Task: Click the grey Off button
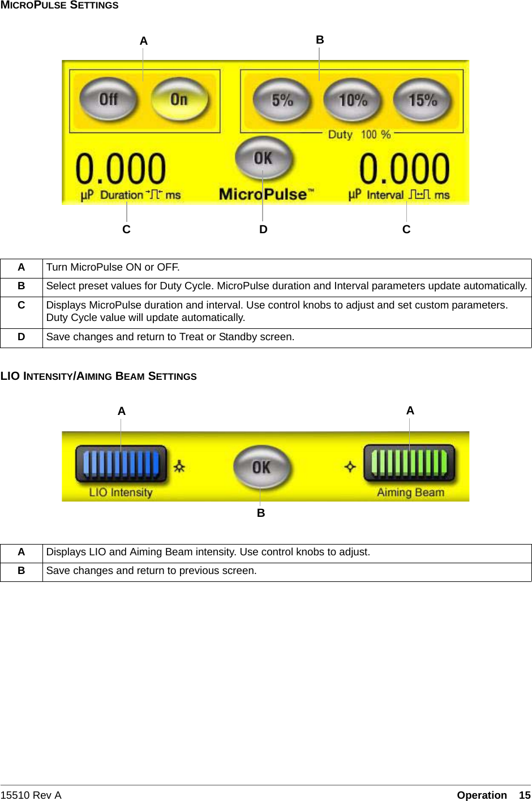point(108,100)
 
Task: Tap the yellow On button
point(179,100)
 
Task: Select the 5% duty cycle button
point(282,101)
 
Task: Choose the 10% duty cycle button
point(353,101)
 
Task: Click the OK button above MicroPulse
point(263,158)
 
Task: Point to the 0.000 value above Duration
point(121,169)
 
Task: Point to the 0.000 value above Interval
point(405,169)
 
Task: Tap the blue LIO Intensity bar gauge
point(121,463)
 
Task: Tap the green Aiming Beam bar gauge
point(409,462)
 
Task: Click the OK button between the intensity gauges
point(261,468)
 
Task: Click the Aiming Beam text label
point(410,492)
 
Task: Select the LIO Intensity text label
point(121,492)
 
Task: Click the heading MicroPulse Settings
point(59,6)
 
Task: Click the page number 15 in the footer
point(525,795)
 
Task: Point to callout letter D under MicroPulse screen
point(263,229)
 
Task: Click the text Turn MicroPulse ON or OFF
point(113,267)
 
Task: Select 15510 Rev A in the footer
point(31,795)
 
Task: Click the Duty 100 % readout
point(360,135)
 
